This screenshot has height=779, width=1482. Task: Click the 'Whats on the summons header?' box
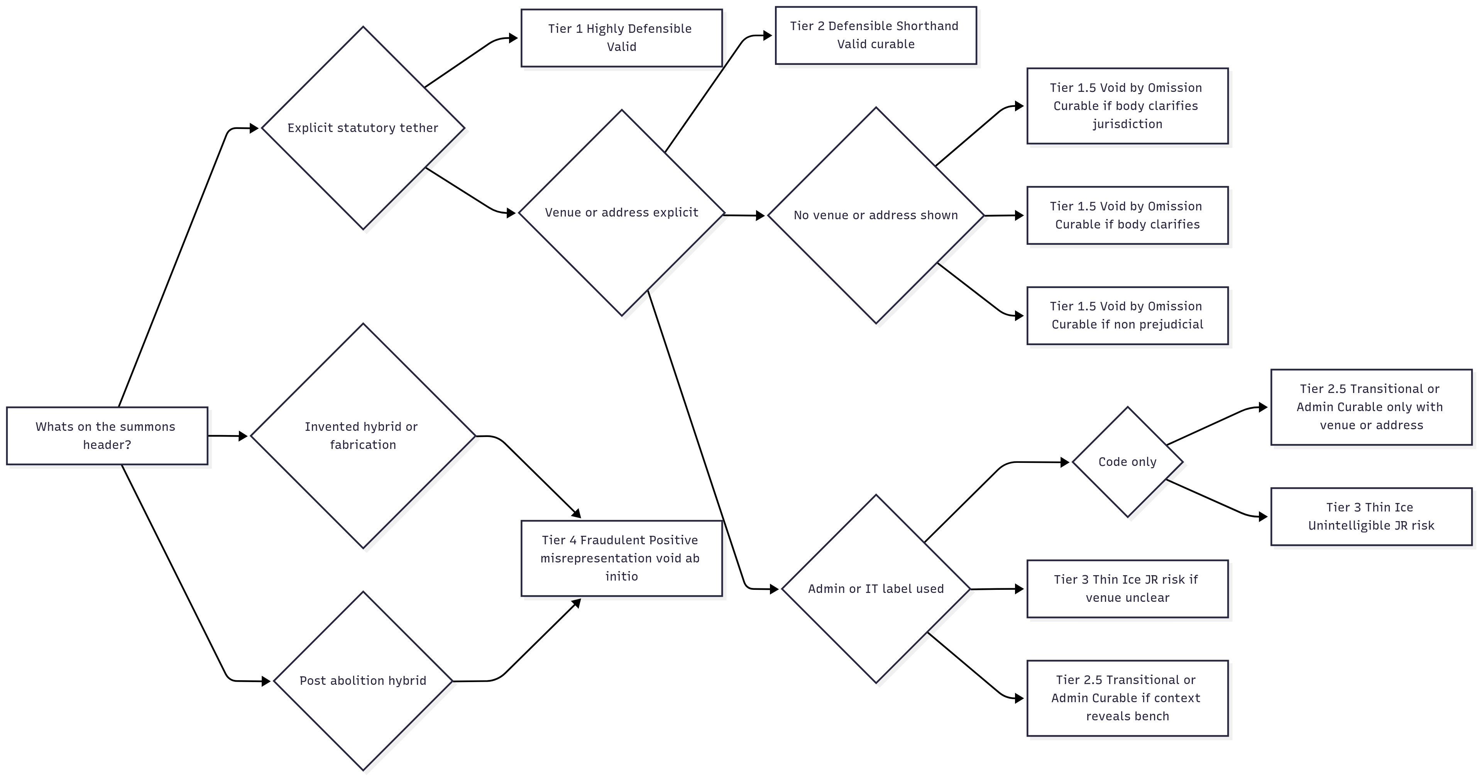(107, 435)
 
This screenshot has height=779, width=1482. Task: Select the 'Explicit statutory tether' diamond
(363, 128)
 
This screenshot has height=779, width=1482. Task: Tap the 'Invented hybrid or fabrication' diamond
(363, 435)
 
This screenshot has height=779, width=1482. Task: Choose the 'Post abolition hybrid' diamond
(363, 681)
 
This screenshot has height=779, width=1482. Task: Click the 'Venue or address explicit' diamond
(621, 212)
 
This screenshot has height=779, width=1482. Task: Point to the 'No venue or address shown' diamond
(876, 215)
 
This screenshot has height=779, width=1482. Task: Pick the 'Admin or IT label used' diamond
(876, 589)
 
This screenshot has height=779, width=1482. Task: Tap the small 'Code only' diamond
(1127, 462)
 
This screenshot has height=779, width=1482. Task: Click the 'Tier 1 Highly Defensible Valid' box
(621, 38)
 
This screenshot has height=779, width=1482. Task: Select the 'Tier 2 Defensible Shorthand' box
(876, 35)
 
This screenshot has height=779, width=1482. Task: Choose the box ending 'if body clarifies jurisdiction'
(1127, 106)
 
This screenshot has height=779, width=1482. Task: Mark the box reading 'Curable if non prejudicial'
(1127, 315)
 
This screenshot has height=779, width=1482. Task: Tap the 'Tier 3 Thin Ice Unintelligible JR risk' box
(1371, 516)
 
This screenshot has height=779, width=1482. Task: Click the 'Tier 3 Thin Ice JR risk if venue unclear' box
(1127, 589)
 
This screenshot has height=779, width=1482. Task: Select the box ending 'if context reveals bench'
(1127, 698)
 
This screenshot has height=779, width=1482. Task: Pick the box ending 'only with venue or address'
(1371, 407)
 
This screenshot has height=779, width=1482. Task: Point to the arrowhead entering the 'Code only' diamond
(1065, 462)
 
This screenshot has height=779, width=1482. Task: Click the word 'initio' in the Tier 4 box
(621, 576)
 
